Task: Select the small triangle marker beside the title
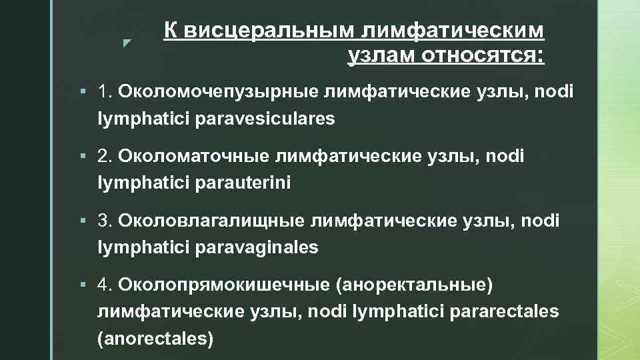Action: (127, 43)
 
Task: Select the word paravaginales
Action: (257, 247)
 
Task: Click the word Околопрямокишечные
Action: (223, 285)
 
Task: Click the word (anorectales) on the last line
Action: (155, 338)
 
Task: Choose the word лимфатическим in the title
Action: (454, 31)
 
